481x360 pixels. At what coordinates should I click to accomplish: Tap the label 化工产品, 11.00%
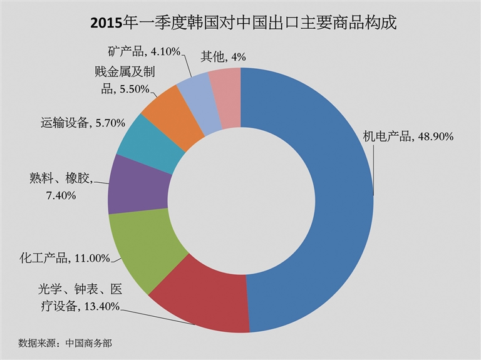65,257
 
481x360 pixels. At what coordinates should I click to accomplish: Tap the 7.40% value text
61,195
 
